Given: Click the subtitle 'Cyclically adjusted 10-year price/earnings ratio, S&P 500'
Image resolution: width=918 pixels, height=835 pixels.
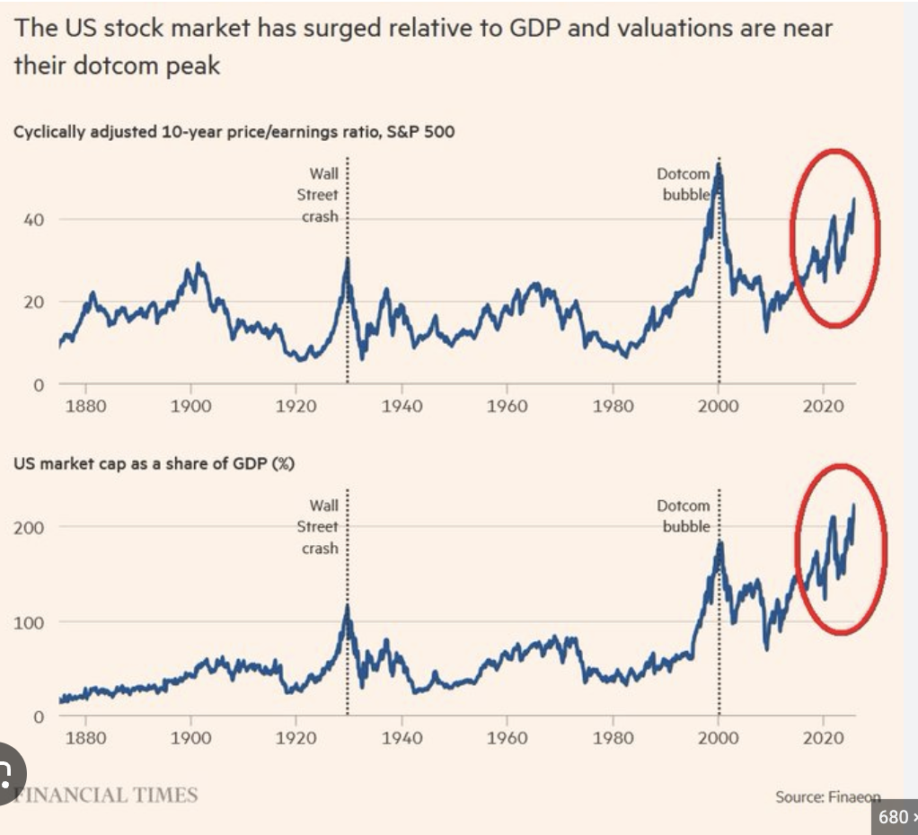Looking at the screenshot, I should pyautogui.click(x=234, y=132).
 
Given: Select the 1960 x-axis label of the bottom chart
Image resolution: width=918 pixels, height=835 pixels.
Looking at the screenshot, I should pyautogui.click(x=506, y=738).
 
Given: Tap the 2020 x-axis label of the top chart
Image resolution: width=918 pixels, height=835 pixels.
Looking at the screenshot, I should pyautogui.click(x=822, y=406).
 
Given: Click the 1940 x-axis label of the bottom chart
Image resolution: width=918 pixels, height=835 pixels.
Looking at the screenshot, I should pyautogui.click(x=401, y=738).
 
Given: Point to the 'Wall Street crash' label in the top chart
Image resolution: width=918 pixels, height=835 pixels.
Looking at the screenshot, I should pyautogui.click(x=320, y=195).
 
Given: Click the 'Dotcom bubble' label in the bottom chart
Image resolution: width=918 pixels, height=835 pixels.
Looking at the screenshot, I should pyautogui.click(x=686, y=516).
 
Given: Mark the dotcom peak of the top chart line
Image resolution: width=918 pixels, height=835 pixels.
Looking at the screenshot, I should pyautogui.click(x=718, y=168).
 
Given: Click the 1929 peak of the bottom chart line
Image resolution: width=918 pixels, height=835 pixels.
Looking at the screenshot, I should pyautogui.click(x=347, y=607).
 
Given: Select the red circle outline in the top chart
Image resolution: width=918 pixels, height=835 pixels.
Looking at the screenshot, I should pyautogui.click(x=791, y=239).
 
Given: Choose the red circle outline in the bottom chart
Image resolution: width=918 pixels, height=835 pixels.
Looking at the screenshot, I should pyautogui.click(x=797, y=549).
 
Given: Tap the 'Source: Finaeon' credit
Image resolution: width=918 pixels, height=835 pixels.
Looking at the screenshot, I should pyautogui.click(x=826, y=796).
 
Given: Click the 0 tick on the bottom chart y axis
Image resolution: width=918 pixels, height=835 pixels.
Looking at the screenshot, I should pyautogui.click(x=37, y=717).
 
